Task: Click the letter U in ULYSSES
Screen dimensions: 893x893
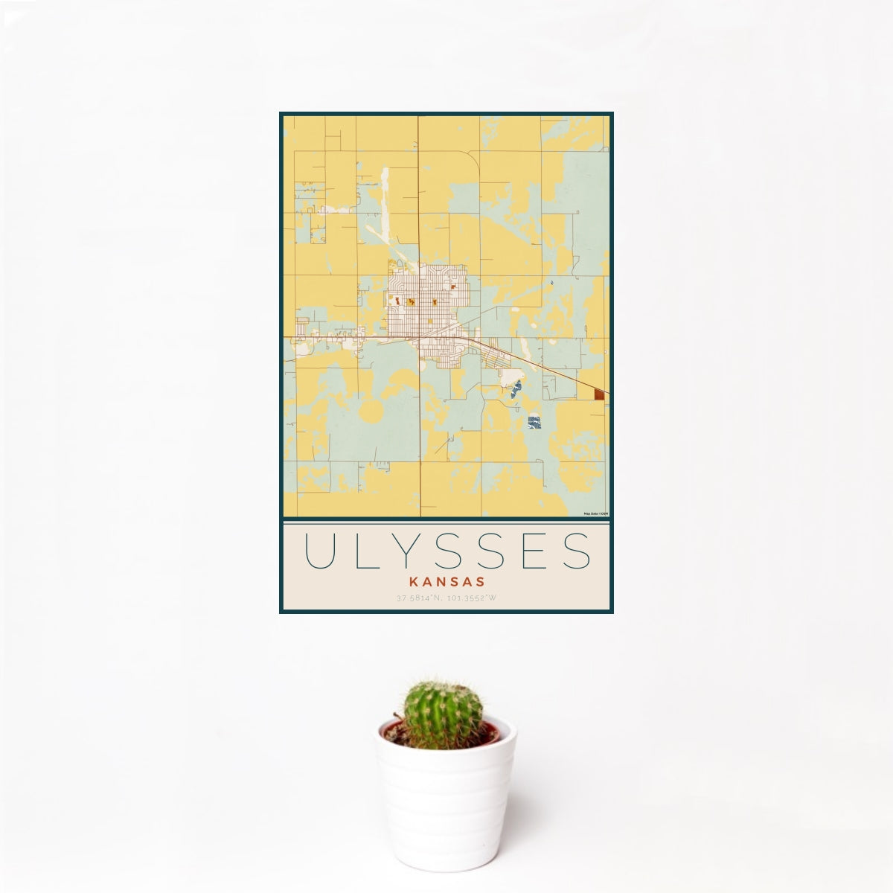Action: pyautogui.click(x=319, y=551)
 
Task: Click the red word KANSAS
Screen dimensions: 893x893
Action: pyautogui.click(x=446, y=581)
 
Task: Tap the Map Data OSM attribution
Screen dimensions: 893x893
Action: pyautogui.click(x=596, y=513)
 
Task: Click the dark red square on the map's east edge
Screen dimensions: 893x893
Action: pyautogui.click(x=600, y=394)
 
